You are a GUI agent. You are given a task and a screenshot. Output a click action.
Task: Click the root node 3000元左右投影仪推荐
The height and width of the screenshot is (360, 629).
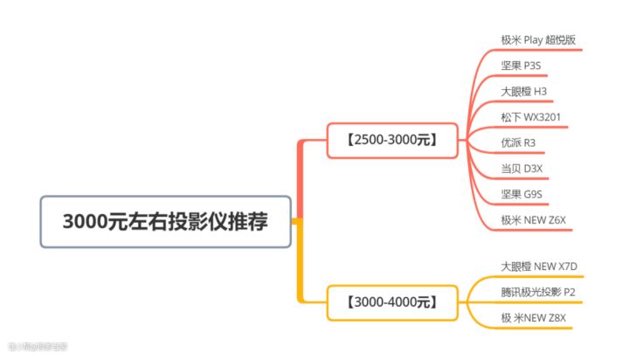coord(165,221)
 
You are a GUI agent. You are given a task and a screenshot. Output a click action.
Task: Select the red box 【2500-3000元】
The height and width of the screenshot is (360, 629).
coord(391,140)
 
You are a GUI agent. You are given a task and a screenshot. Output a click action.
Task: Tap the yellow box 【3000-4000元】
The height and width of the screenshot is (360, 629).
coord(391,302)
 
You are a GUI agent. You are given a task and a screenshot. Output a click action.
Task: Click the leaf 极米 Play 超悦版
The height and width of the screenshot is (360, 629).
coord(538,39)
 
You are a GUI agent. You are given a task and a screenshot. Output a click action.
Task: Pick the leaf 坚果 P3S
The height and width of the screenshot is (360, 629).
coord(522,66)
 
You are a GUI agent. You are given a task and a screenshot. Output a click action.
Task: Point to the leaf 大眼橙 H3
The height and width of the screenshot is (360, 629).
coord(524,91)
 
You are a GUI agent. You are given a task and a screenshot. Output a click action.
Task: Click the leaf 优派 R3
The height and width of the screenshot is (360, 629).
coord(519,142)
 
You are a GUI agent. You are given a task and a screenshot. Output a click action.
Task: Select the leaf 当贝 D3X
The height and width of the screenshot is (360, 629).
coord(522,168)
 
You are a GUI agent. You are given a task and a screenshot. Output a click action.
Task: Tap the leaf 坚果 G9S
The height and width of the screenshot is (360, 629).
coord(522,193)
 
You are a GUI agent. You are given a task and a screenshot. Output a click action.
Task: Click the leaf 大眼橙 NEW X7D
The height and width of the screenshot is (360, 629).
coord(540,266)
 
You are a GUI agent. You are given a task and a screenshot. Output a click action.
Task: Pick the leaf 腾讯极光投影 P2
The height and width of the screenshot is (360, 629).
coord(538,291)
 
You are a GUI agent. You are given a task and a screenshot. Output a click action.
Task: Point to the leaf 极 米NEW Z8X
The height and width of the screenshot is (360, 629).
coord(534,317)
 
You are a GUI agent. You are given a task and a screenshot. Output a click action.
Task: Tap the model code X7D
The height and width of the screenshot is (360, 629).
coord(568,266)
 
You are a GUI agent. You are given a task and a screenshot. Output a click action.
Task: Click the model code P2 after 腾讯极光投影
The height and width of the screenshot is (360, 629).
coord(570,291)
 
